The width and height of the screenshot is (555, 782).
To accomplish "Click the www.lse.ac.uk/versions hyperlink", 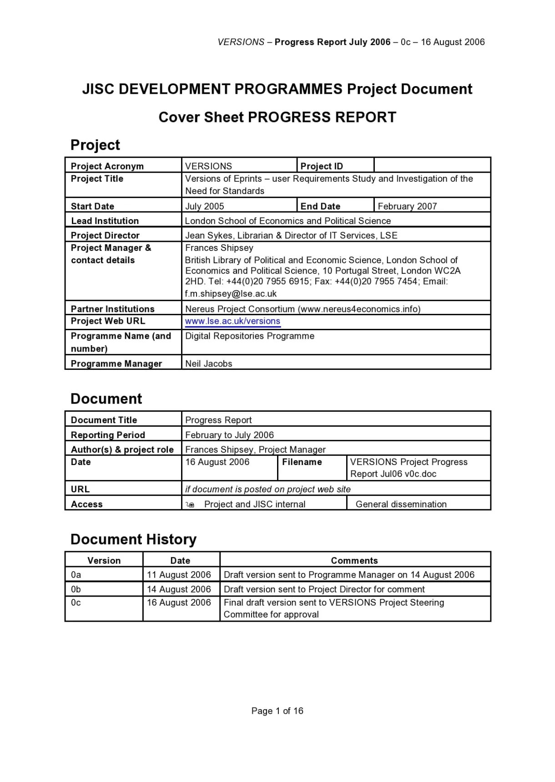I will (x=232, y=321).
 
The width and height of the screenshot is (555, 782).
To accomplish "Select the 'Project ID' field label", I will (x=322, y=166).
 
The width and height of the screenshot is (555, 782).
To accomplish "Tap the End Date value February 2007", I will (x=407, y=206).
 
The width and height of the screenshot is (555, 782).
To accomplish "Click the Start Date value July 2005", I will (x=205, y=206).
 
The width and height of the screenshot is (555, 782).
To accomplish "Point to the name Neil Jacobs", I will (x=209, y=363).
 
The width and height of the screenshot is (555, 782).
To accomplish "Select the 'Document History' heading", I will (x=133, y=539).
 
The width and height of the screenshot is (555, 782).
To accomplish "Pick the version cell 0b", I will (x=76, y=589).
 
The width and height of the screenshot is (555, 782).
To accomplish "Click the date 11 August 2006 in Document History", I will (x=179, y=575).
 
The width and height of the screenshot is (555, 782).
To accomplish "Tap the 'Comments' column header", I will (x=354, y=561).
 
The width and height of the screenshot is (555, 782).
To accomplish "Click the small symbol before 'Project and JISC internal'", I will (x=190, y=505).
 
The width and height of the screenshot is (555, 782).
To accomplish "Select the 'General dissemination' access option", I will (x=401, y=504).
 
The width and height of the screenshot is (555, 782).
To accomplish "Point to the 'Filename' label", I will (x=302, y=462).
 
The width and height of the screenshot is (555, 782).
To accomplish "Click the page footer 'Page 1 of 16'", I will (x=277, y=711).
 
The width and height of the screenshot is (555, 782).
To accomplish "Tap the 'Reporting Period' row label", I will (x=108, y=435).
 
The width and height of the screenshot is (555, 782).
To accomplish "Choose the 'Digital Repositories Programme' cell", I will (x=250, y=336).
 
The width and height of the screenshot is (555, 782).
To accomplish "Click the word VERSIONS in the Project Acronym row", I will (x=208, y=166).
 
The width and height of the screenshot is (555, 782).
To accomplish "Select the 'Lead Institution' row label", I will (x=105, y=221).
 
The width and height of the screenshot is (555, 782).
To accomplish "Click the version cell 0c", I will (x=76, y=603).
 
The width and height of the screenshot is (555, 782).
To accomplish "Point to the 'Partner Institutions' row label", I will (x=113, y=309).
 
